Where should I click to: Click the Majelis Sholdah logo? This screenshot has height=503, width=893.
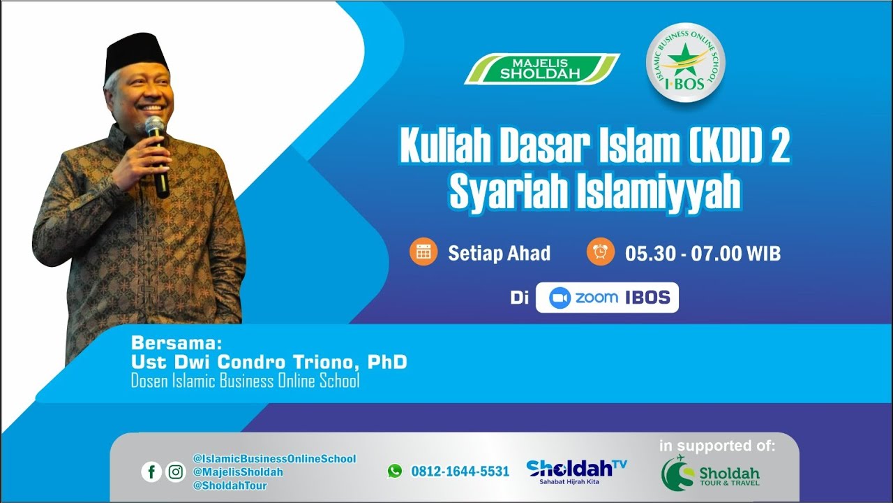tap(541, 68)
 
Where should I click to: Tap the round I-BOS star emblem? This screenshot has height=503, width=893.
tap(685, 63)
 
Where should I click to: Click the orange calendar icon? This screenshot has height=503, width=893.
tap(423, 252)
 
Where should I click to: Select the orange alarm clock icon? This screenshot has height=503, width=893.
tap(601, 252)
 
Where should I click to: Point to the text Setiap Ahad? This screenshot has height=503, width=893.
tap(499, 253)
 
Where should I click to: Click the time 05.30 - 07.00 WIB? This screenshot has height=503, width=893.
tap(703, 253)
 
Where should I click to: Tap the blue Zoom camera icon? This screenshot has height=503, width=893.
tap(560, 298)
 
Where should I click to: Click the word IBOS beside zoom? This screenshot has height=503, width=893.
tap(647, 298)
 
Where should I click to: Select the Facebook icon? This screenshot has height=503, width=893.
tap(151, 472)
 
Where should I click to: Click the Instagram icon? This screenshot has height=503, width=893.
tap(176, 472)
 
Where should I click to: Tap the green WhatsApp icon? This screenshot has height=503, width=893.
tap(395, 472)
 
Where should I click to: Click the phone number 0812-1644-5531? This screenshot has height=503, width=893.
tap(460, 472)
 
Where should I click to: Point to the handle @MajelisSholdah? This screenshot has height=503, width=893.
tap(238, 472)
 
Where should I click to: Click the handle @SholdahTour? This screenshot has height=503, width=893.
tap(230, 486)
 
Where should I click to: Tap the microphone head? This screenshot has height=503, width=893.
tap(154, 126)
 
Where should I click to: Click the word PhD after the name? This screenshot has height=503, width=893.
tap(387, 363)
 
